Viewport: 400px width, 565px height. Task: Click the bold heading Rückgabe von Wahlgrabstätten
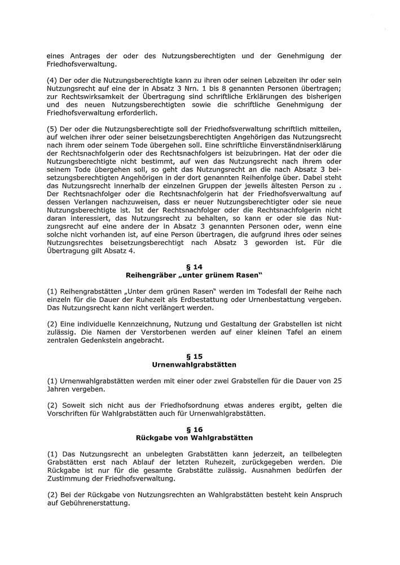point(194,438)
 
